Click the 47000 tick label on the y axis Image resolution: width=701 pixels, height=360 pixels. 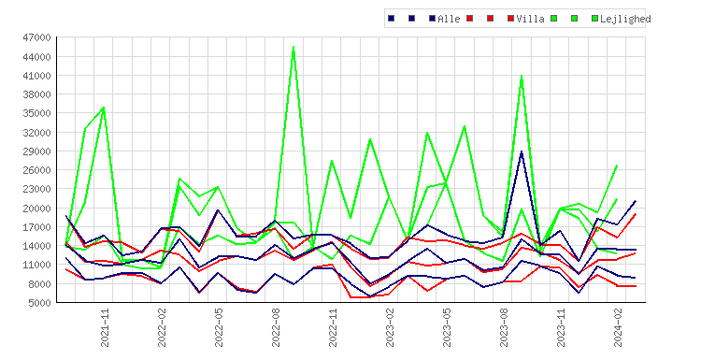36,37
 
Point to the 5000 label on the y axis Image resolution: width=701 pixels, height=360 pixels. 39,303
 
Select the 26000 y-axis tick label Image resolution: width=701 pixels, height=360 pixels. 36,170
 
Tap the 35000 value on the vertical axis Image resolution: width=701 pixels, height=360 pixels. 36,113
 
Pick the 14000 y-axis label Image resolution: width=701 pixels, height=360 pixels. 36,246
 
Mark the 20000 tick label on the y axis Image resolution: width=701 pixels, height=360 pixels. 36,208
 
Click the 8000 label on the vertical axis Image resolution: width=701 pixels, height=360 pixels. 39,284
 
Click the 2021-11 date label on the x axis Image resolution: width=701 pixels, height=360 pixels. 105,327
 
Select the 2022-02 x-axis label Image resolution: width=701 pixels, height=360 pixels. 162,327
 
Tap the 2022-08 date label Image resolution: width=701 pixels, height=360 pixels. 276,327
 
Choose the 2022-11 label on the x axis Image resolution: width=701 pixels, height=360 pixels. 333,327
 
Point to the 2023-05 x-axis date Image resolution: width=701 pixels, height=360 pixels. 447,327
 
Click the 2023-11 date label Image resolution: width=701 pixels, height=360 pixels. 561,327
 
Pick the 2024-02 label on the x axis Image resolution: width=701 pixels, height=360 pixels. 619,327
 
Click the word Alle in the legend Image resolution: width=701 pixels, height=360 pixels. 449,19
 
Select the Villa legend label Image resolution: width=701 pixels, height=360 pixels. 530,19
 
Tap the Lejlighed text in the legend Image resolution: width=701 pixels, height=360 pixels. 625,19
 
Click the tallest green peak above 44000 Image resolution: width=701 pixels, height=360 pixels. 293,47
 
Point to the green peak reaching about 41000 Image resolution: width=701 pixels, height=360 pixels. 522,76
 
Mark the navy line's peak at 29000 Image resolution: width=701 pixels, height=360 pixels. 522,151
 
